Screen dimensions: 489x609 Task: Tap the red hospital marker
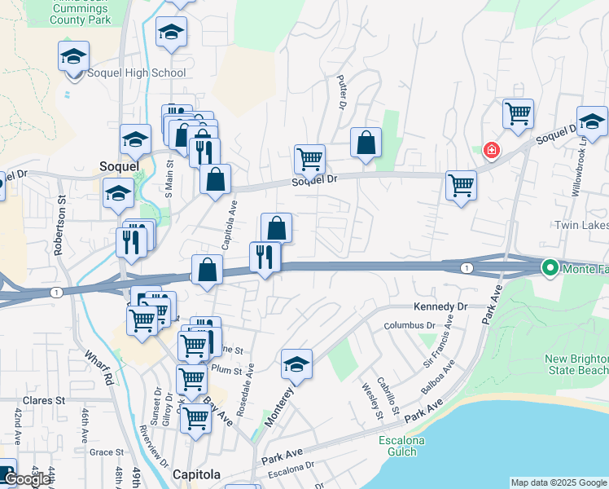click(491, 150)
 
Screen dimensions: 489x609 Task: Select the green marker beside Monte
click(550, 267)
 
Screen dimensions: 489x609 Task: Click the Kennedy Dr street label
click(442, 306)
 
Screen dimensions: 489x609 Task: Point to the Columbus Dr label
click(411, 325)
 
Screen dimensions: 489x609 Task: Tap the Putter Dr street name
click(342, 92)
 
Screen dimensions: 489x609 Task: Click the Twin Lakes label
click(581, 225)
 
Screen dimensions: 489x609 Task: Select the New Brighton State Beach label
click(576, 365)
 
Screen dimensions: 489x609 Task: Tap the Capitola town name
click(196, 474)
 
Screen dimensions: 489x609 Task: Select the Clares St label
click(43, 401)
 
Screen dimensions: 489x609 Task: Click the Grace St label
click(106, 452)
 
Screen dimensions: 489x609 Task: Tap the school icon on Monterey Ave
click(297, 365)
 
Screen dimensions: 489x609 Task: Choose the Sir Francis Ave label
click(437, 346)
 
